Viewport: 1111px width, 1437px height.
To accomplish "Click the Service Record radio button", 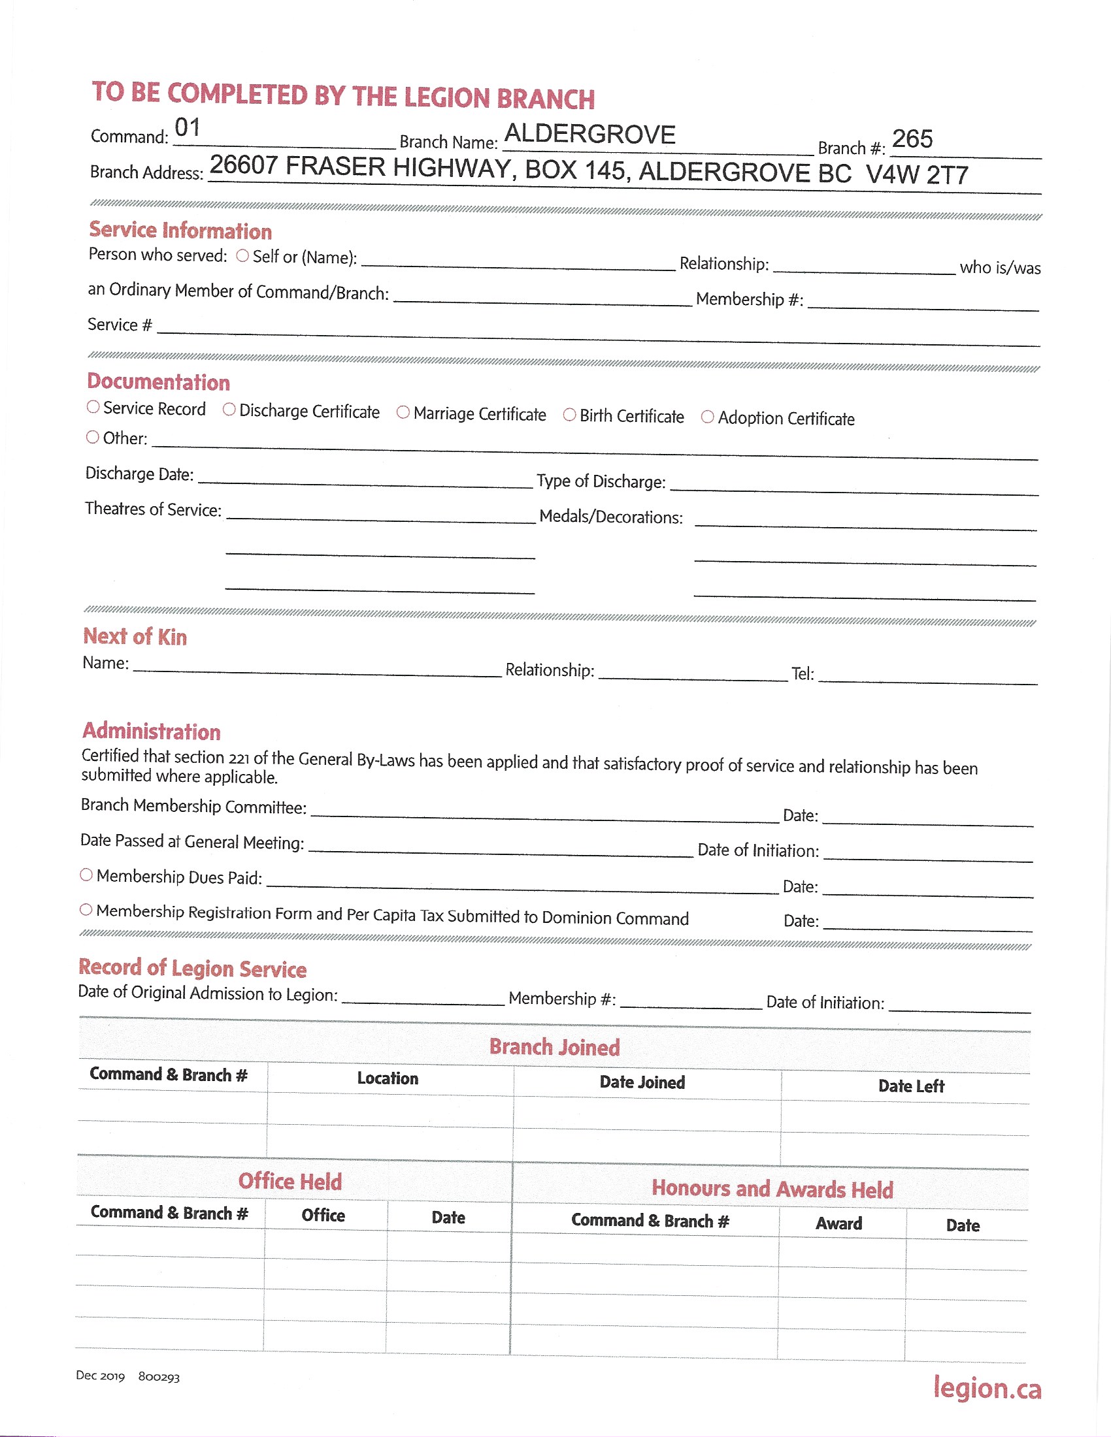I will coord(93,408).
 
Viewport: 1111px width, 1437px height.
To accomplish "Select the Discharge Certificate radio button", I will coord(229,410).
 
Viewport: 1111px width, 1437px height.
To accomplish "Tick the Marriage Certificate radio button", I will coord(403,412).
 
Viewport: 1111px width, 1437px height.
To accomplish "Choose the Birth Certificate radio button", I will coord(570,415).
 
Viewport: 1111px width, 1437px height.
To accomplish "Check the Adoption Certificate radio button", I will coord(708,417).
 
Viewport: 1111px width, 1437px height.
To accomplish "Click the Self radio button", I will coord(243,255).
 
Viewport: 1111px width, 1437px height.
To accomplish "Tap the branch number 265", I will coord(912,139).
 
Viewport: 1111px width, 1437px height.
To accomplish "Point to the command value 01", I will coord(188,127).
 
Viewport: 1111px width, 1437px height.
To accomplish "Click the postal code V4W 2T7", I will coord(917,174).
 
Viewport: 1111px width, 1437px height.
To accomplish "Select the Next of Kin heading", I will coord(135,636).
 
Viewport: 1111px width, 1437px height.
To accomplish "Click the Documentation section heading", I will coord(159,381).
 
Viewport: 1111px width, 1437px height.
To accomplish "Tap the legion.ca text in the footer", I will coord(987,1388).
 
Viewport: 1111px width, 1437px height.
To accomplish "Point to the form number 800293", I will coord(159,1377).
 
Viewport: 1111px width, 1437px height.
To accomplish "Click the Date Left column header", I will coord(911,1086).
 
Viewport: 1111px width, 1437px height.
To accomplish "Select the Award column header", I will coord(838,1223).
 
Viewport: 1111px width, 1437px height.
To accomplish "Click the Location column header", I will coord(388,1078).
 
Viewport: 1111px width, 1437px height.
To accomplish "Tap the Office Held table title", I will coord(290,1181).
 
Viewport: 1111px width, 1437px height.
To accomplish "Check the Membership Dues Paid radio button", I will coord(86,875).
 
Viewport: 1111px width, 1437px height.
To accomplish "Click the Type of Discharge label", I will coord(601,481).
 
